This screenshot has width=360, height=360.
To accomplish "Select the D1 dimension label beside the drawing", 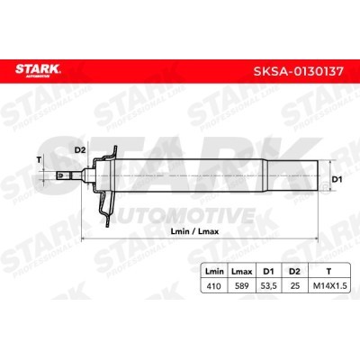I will pyautogui.click(x=339, y=180).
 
